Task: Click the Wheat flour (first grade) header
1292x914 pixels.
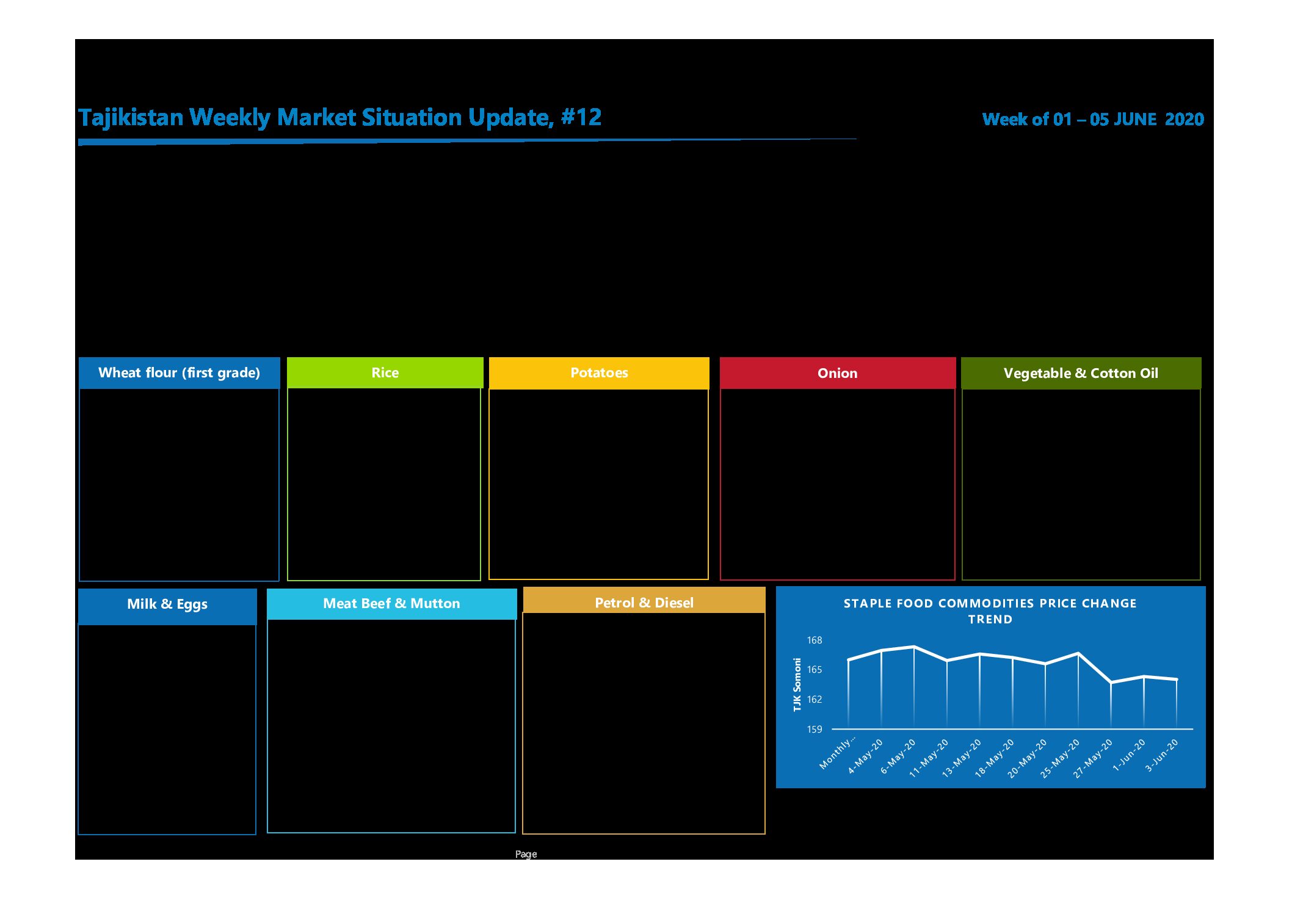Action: click(179, 372)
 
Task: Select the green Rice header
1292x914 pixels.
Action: click(385, 372)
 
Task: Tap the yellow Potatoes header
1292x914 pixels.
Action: click(599, 372)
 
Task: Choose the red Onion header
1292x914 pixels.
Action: click(838, 373)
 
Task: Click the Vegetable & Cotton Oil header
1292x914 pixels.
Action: click(1081, 373)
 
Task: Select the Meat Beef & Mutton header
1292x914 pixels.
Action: click(391, 604)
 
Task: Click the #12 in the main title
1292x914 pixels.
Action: click(581, 117)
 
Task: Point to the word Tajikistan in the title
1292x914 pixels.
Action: click(131, 118)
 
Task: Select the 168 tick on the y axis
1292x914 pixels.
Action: click(815, 640)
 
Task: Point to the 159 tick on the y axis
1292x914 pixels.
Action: click(815, 729)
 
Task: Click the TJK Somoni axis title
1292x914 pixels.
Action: click(797, 684)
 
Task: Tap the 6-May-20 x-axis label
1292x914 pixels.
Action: click(898, 756)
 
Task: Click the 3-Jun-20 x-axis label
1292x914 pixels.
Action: click(1161, 755)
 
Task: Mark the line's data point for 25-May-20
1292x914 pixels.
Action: click(1078, 654)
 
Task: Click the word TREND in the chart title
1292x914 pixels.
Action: click(990, 619)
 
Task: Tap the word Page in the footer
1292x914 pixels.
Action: click(526, 854)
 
